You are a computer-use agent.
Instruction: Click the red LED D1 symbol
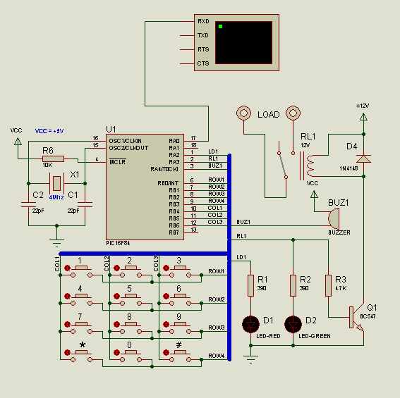250,324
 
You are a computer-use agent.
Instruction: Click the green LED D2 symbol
293,324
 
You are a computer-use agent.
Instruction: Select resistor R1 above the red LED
250,285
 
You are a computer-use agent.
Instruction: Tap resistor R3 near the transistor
328,285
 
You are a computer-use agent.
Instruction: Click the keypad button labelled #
178,352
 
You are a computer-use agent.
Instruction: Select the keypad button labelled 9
178,324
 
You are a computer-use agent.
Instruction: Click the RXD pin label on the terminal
203,21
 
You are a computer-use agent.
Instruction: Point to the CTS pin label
203,63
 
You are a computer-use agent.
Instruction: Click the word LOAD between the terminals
268,114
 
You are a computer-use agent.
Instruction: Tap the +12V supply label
363,105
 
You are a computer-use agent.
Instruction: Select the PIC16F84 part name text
119,242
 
